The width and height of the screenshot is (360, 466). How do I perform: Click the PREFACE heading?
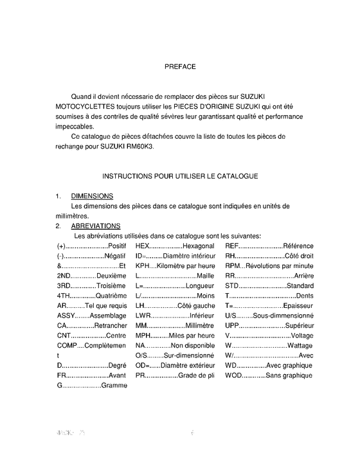pos(180,66)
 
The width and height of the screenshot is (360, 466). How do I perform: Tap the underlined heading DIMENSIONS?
pos(93,195)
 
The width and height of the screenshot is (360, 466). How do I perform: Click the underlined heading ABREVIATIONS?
pos(95,226)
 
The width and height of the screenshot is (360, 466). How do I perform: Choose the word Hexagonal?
pos(199,246)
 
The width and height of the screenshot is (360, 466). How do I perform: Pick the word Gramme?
pos(114,386)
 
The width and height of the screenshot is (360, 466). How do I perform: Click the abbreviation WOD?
pos(233,375)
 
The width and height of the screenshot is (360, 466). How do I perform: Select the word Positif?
pos(117,246)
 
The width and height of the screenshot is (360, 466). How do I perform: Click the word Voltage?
pos(302,336)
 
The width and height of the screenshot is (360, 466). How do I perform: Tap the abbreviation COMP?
pos(67,345)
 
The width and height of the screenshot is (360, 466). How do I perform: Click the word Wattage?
pos(300,345)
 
